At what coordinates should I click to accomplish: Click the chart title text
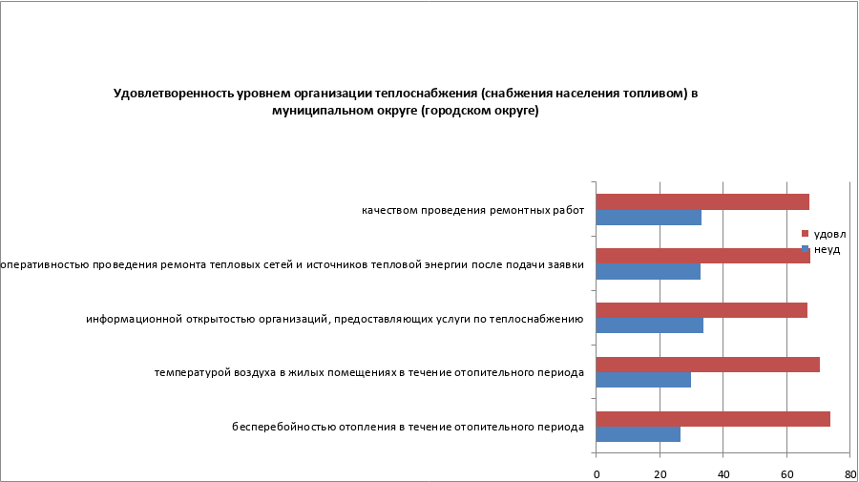click(407, 102)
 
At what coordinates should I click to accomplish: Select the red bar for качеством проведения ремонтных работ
click(702, 201)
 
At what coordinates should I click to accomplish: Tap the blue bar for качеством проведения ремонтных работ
click(649, 217)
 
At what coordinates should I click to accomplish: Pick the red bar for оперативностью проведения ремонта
click(703, 256)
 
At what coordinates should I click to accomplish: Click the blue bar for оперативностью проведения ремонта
click(648, 271)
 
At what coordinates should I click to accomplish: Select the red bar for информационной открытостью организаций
click(702, 310)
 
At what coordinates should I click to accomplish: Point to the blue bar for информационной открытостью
click(650, 325)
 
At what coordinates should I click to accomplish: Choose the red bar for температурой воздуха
click(708, 365)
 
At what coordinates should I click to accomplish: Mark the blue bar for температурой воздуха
click(643, 380)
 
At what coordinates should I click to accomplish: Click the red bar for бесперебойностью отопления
click(713, 419)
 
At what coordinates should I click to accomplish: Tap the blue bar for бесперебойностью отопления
click(639, 434)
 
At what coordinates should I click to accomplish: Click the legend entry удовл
click(828, 234)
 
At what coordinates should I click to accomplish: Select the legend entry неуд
click(827, 248)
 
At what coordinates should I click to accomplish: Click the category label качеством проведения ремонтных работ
click(472, 210)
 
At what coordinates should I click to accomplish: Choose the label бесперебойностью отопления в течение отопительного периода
click(408, 427)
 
